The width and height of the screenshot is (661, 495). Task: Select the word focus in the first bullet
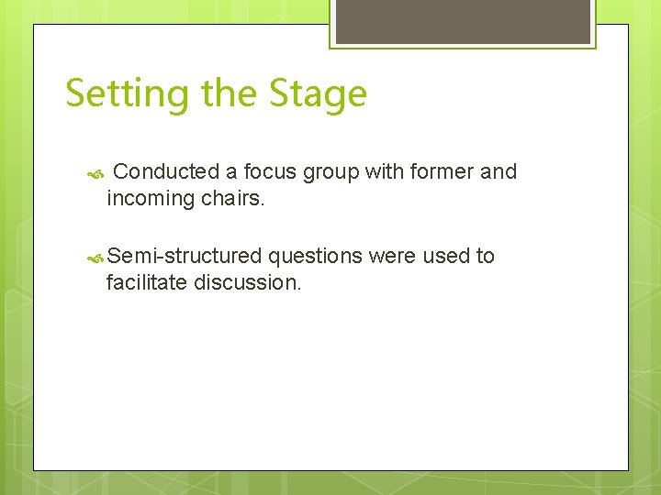(x=271, y=171)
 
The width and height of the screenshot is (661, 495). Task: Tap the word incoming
(x=146, y=198)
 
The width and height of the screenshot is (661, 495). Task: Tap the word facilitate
(x=147, y=282)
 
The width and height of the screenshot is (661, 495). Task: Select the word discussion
(x=247, y=282)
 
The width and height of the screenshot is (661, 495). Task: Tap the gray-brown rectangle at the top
(x=462, y=21)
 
